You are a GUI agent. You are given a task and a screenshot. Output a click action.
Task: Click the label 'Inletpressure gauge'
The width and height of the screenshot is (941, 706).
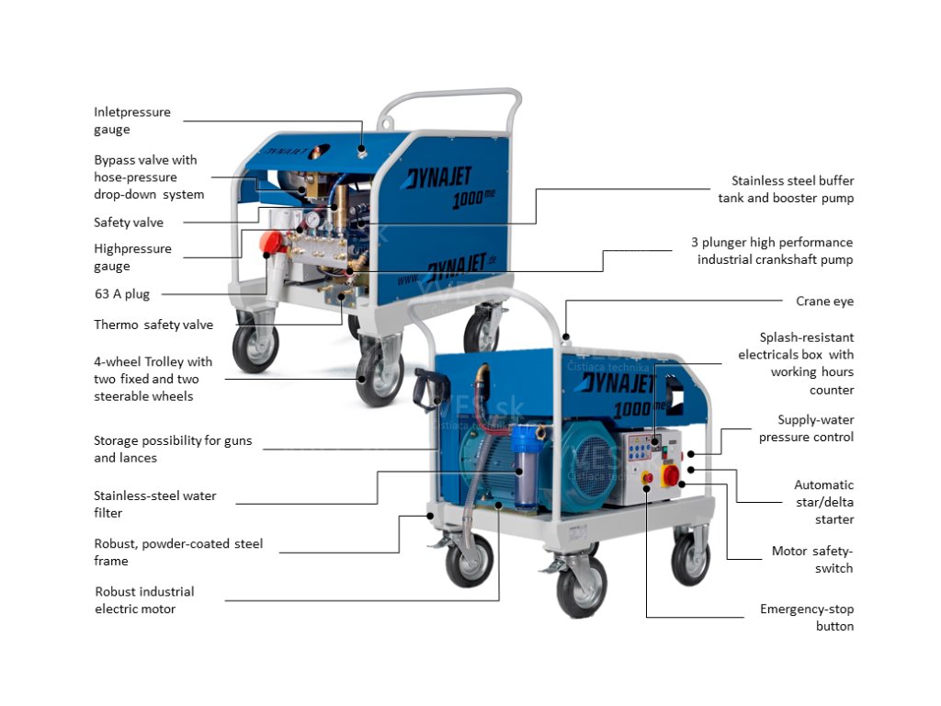[132, 120]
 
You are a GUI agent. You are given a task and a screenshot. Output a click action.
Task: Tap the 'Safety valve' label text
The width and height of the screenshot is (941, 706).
[129, 222]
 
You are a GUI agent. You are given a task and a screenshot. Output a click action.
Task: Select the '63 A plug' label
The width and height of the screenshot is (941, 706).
[121, 294]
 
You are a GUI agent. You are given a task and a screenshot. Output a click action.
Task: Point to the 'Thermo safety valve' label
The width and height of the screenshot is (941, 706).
[153, 325]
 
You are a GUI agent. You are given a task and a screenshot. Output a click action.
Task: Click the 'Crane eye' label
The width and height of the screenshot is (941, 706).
[824, 302]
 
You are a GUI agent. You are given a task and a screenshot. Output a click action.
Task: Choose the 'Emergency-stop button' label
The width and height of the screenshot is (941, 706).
[806, 618]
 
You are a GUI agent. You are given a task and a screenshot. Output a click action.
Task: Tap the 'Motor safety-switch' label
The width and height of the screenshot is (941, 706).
[811, 560]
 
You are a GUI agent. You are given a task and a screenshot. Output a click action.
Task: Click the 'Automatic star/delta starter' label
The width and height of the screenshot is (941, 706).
[823, 502]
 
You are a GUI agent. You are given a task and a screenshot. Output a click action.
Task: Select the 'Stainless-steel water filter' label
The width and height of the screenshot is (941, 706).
[155, 504]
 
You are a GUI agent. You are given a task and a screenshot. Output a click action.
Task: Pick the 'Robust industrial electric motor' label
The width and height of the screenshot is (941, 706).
[144, 600]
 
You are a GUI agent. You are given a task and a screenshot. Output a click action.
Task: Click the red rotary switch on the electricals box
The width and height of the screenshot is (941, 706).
[671, 475]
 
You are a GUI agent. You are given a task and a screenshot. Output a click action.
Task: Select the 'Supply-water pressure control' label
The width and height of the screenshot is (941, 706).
[806, 428]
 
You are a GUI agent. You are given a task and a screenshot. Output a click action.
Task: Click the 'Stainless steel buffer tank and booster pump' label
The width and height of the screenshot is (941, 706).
[786, 189]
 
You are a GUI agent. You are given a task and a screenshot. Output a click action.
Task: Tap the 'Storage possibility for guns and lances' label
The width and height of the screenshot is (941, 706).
[173, 450]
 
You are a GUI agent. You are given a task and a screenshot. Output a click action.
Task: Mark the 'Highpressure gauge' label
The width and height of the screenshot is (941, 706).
[132, 257]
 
